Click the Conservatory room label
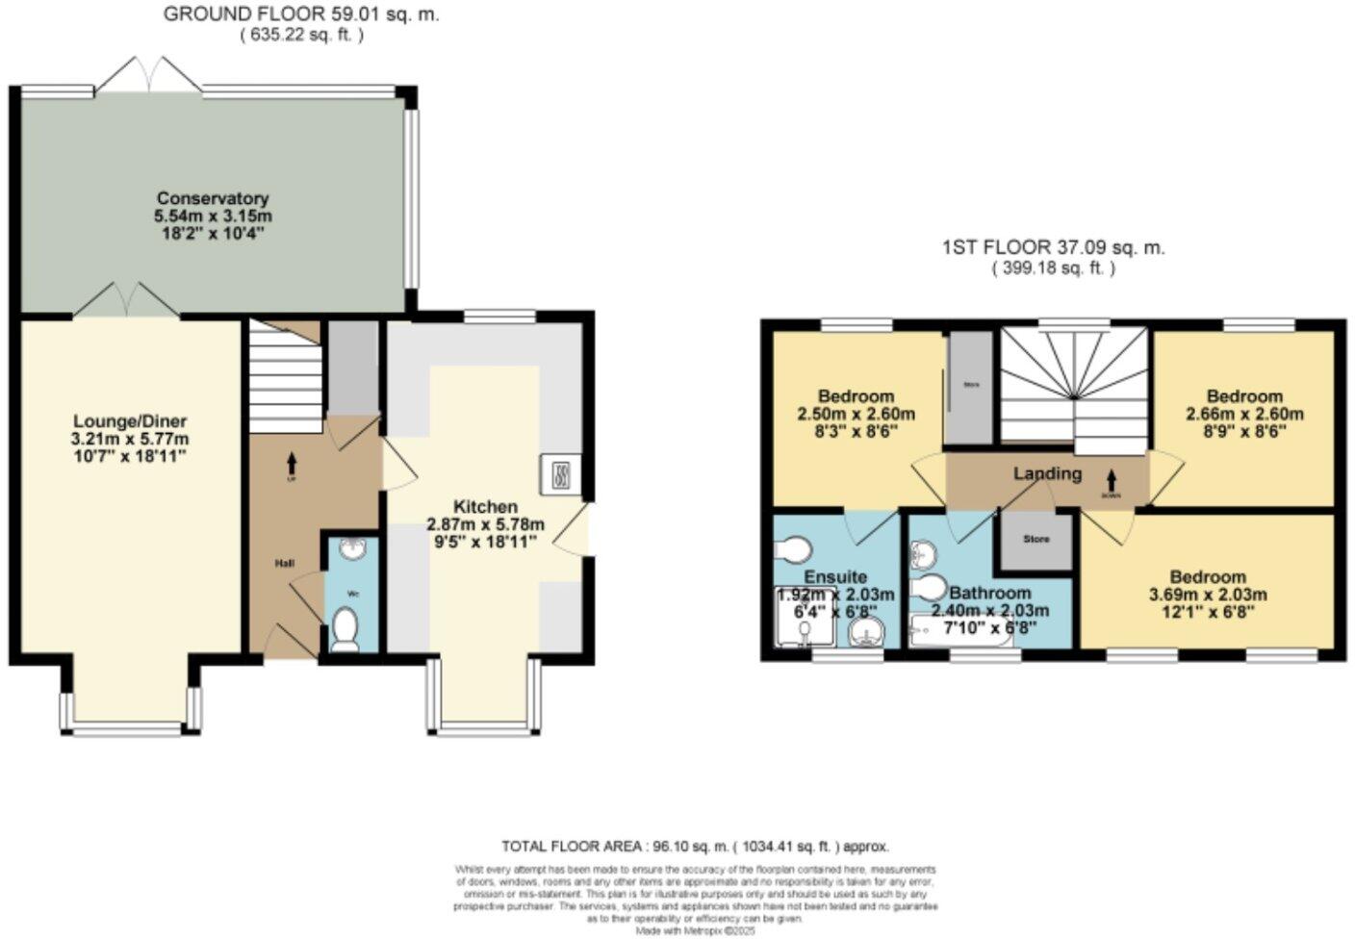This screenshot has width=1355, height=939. (x=213, y=199)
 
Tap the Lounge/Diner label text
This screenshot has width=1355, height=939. (x=130, y=421)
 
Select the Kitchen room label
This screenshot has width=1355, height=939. (x=485, y=506)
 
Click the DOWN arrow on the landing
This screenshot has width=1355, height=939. (x=1112, y=479)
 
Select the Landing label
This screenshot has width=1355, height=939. (x=1047, y=473)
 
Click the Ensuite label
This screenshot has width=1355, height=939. (x=835, y=577)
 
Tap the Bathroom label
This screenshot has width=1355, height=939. (x=989, y=593)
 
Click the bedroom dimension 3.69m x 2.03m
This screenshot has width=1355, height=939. (x=1208, y=595)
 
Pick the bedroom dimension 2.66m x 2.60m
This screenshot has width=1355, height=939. (x=1244, y=415)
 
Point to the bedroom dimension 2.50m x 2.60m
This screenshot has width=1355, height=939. (x=856, y=415)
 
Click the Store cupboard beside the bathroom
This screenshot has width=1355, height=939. (x=1035, y=540)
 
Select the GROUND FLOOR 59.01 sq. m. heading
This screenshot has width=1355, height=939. (x=301, y=14)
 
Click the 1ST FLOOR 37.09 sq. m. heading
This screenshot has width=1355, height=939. (x=1053, y=247)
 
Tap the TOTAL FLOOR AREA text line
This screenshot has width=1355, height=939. (x=695, y=847)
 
